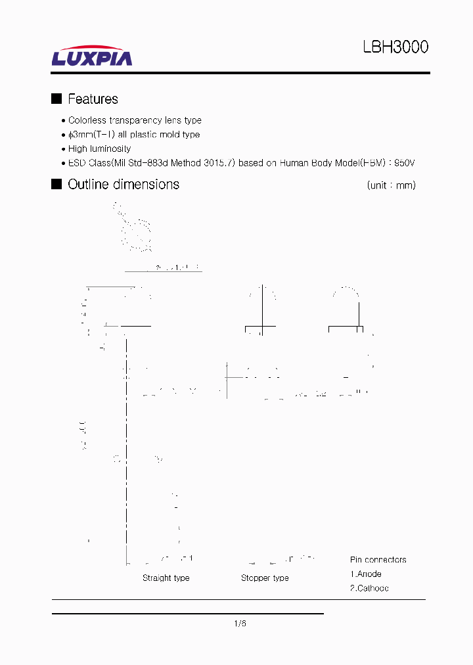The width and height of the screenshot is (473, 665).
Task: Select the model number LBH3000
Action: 395,47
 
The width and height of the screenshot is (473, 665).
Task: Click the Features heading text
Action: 93,99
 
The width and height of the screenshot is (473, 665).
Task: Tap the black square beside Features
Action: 56,99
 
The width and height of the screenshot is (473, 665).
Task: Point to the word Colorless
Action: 87,120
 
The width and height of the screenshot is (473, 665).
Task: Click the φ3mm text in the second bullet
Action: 79,135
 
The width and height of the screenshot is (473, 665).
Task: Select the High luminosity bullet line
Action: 99,149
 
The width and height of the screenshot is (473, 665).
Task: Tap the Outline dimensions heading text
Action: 124,185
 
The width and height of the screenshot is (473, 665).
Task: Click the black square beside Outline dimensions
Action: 56,184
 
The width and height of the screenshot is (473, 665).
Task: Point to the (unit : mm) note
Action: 392,185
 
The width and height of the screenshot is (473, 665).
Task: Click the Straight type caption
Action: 166,578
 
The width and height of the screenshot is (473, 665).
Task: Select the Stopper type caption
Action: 265,578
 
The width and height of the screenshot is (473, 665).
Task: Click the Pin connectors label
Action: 378,560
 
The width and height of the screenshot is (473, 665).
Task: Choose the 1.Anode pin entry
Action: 365,574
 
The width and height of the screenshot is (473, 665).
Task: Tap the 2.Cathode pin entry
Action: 369,588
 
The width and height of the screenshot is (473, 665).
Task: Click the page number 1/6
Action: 239,624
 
